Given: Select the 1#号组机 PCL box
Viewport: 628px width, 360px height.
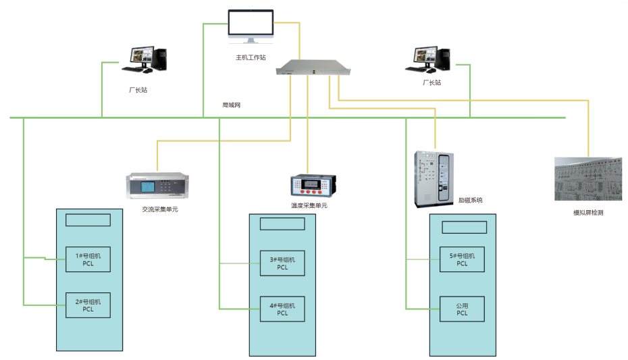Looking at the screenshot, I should [88, 259].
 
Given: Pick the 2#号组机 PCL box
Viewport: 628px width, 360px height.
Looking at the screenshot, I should [88, 305].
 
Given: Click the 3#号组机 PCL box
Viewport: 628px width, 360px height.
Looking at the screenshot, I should [282, 263].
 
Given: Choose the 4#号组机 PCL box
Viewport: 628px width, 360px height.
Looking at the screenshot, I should [282, 309].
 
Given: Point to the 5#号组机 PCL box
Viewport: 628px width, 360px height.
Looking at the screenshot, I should [462, 259].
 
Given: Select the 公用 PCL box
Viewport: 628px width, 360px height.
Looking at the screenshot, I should [462, 309].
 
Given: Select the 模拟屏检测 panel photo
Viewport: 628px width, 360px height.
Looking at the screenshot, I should [587, 179].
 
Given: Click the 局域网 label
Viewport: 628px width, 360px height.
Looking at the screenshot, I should [232, 105].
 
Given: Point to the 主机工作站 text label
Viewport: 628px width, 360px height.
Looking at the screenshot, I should [251, 57].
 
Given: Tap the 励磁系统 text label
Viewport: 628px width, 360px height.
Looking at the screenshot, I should [470, 200].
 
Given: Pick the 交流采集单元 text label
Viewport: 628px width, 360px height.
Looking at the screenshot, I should [160, 209].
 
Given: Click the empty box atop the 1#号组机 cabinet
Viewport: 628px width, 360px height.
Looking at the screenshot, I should [88, 220].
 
